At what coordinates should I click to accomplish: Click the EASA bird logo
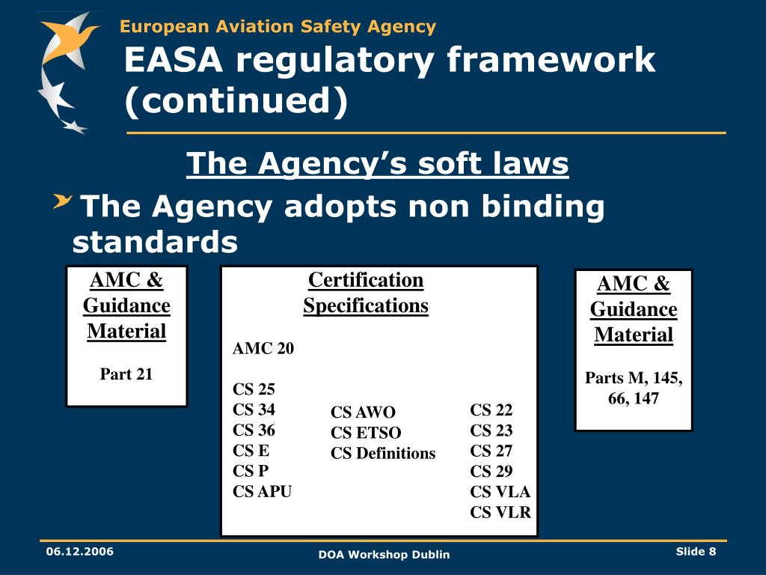pos(67,71)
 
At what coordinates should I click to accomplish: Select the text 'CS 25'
pos(254,389)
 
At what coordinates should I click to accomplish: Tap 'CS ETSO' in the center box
pos(366,433)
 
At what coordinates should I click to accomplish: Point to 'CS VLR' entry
pos(500,513)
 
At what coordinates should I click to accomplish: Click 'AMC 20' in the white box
pos(263,349)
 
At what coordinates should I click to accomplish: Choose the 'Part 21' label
pos(126,374)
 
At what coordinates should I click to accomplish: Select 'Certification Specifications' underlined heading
pos(366,293)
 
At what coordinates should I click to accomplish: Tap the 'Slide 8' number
pos(696,552)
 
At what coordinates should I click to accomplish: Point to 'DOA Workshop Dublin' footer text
pos(384,555)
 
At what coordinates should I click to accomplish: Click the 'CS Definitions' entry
pos(383,453)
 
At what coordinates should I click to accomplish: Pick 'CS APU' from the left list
pos(262,492)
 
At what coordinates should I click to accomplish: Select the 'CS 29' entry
pos(491,472)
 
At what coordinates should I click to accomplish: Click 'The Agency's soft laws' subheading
pos(377,163)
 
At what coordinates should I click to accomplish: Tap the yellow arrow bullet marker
pos(63,201)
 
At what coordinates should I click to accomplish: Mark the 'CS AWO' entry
pos(363,413)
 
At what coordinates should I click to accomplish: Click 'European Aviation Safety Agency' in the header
pos(278,27)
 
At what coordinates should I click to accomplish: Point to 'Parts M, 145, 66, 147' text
pos(634,388)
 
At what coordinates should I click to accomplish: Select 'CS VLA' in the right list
pos(500,492)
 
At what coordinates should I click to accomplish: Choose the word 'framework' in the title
pos(551,61)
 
